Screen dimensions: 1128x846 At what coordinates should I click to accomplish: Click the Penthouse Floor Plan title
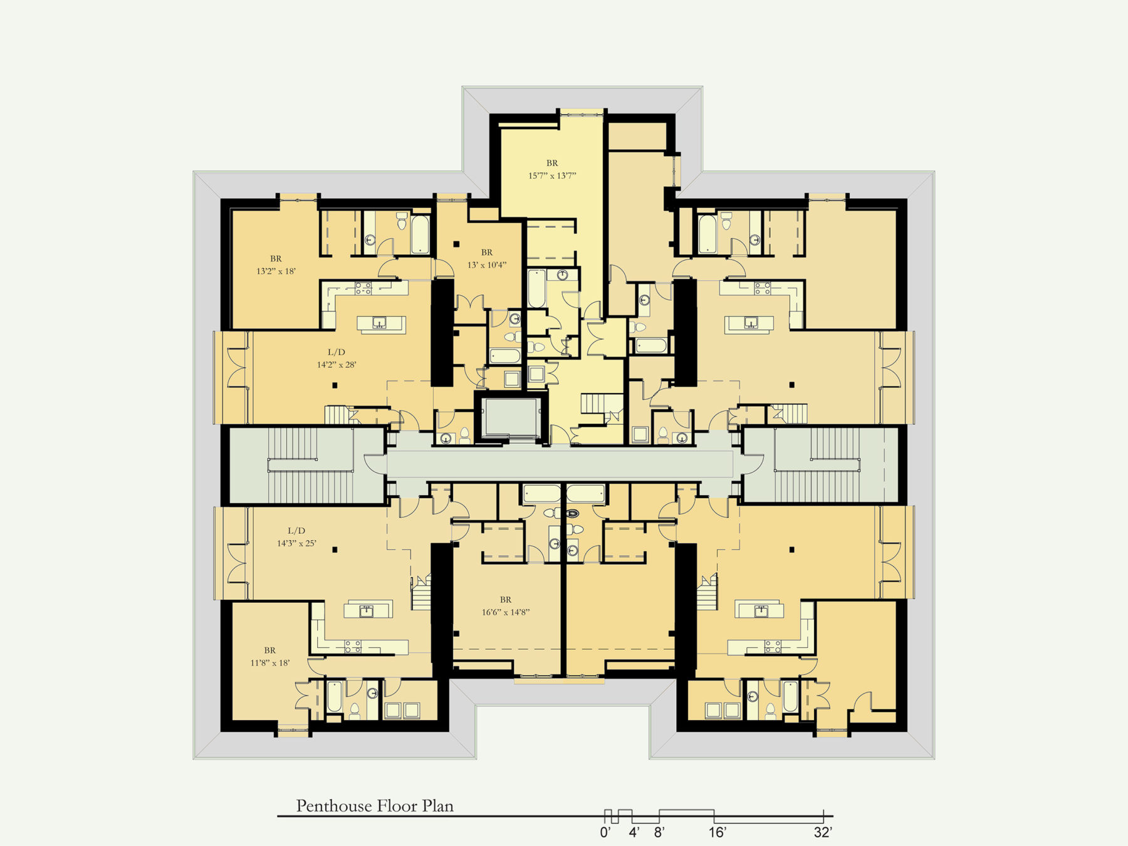(375, 806)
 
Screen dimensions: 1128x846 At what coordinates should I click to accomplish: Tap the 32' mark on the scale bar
(823, 832)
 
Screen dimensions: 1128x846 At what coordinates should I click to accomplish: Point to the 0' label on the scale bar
(605, 832)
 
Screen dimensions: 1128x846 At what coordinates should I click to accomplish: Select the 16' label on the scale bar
(717, 832)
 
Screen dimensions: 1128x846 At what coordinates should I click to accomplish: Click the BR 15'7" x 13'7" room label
(552, 169)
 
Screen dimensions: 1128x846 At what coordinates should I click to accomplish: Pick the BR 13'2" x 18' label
(276, 265)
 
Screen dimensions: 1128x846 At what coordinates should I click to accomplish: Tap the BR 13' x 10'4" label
(487, 259)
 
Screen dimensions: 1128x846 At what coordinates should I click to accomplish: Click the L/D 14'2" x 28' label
(337, 358)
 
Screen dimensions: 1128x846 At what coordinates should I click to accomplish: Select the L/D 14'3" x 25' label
(296, 537)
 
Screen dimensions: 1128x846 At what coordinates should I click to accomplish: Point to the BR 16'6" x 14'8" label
(506, 606)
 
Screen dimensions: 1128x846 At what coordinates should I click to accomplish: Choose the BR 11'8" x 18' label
(270, 657)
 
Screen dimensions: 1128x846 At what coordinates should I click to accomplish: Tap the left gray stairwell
(307, 465)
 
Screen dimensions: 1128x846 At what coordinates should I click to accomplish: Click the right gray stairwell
(821, 465)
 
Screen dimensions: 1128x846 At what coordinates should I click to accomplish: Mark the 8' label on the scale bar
(659, 832)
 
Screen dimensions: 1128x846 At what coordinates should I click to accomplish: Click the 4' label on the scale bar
(634, 832)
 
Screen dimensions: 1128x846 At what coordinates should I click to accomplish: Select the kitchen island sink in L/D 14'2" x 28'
(379, 323)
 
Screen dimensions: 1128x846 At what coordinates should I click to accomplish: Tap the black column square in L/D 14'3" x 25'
(335, 550)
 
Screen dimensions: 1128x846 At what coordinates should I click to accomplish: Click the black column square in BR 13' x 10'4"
(457, 244)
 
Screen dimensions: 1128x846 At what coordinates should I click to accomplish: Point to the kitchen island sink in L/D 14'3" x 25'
(367, 610)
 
